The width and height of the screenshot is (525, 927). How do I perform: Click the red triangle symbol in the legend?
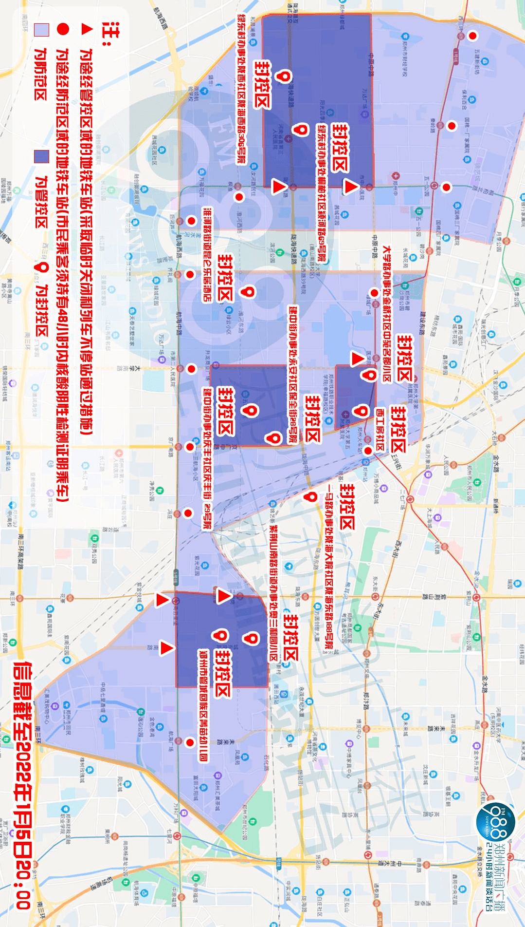(87, 29)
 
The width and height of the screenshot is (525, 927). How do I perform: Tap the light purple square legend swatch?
(41, 30)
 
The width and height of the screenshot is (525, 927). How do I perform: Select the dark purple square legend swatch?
(41, 156)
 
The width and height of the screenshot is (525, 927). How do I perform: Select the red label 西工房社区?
(380, 429)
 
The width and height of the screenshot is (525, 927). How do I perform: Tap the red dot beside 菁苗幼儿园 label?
(190, 742)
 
